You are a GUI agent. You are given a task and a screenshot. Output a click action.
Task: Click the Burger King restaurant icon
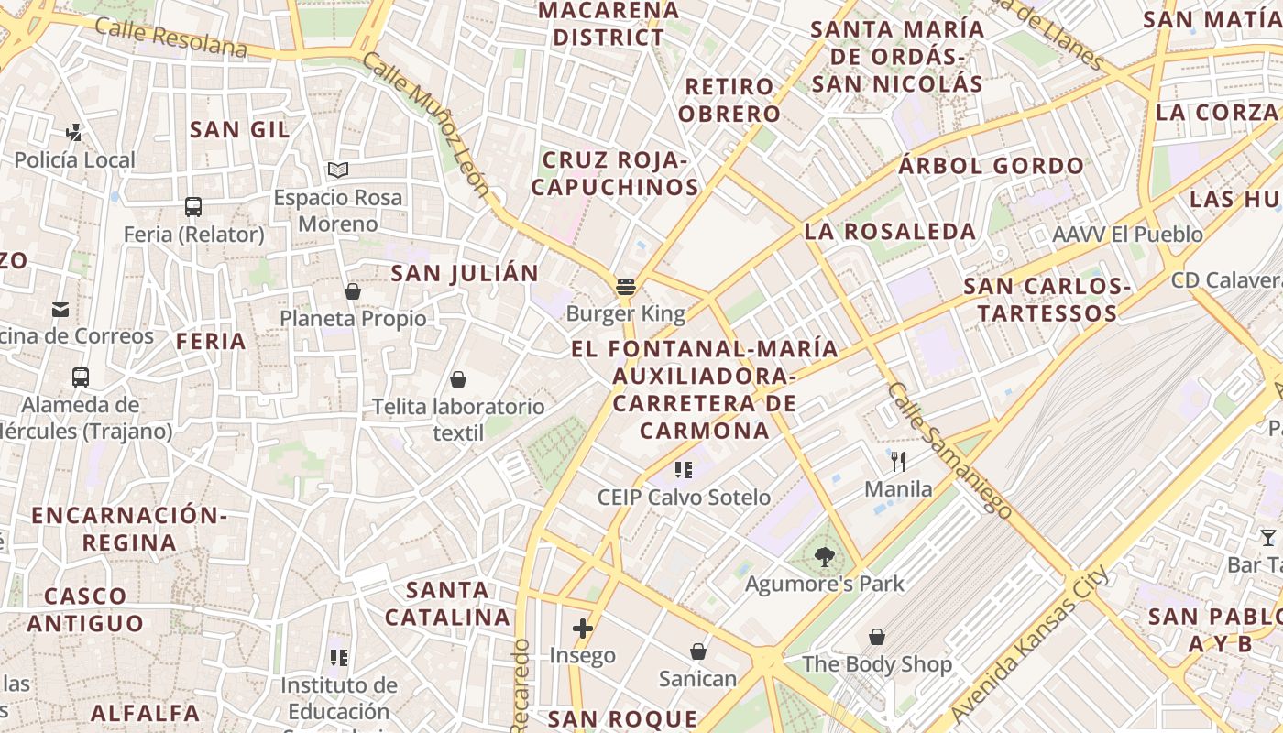tap(626, 287)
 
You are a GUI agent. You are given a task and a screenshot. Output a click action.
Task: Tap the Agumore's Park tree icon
tap(824, 556)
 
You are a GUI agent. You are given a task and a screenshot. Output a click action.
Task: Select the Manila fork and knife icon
tap(898, 462)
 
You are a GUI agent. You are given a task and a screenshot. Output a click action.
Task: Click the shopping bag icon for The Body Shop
tap(877, 636)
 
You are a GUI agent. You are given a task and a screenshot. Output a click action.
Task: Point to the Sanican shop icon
tap(697, 651)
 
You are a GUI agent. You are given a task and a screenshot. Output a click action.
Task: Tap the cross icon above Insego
tap(582, 629)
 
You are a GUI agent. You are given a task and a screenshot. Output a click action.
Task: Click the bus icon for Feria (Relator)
tap(193, 207)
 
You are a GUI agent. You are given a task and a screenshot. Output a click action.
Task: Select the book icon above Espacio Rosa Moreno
tap(338, 170)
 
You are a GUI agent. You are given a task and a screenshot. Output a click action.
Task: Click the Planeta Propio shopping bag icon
tap(353, 291)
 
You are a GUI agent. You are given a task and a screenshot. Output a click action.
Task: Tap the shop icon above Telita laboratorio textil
tap(458, 379)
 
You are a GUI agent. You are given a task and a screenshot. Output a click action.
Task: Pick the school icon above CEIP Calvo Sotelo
tap(684, 470)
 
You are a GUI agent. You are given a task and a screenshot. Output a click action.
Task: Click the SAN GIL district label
tap(240, 130)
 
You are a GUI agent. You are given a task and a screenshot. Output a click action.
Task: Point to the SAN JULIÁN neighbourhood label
tap(465, 273)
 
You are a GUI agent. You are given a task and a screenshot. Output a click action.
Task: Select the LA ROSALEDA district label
tap(890, 232)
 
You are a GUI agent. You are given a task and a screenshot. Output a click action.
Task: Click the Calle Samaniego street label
tap(949, 450)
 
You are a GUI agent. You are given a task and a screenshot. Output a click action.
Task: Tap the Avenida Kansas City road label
tap(1030, 645)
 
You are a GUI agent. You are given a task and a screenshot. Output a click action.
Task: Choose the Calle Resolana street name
tap(171, 36)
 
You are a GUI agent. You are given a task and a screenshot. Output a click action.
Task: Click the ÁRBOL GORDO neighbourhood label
tap(991, 167)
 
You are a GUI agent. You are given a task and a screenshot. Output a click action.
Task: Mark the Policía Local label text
tap(74, 160)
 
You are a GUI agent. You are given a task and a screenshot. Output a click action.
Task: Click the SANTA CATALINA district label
tap(447, 603)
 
